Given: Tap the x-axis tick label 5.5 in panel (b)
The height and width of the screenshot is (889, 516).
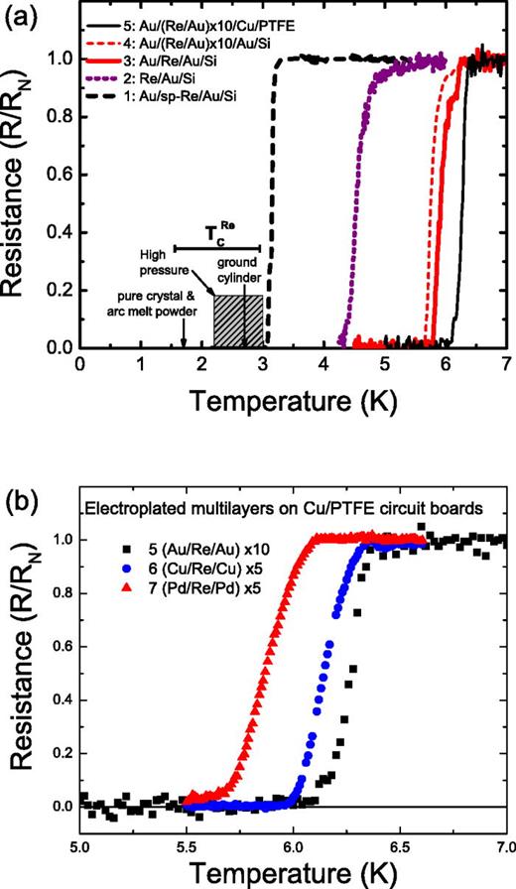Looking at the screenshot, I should pos(186,845).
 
